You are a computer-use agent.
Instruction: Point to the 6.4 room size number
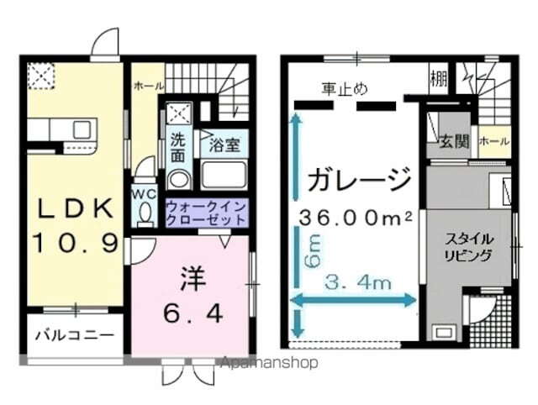click(x=193, y=313)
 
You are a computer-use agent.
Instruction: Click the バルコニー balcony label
click(x=74, y=335)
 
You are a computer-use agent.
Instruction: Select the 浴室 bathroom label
click(x=224, y=144)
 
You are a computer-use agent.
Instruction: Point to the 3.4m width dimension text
click(x=359, y=283)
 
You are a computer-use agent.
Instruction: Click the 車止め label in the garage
click(x=344, y=88)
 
